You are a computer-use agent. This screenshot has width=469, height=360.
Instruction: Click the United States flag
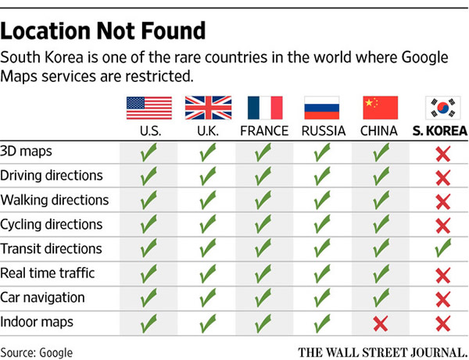pos(148,108)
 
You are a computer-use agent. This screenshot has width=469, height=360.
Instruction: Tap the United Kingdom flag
pos(207,108)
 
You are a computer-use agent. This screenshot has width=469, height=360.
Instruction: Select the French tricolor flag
pos(264,108)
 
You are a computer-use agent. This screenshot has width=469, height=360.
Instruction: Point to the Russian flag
pos(322,108)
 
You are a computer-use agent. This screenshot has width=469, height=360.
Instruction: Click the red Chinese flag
pos(381,108)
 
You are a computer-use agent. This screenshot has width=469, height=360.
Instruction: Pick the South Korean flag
pos(442,108)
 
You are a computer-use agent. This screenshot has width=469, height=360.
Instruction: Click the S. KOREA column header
pos(440,130)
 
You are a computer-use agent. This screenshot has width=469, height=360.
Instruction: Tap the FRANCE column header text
pos(264,130)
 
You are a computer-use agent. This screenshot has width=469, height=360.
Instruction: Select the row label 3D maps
pos(27,151)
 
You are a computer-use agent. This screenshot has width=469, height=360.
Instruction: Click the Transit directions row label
pos(52,249)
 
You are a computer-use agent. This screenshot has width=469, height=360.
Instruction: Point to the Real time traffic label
pos(48,273)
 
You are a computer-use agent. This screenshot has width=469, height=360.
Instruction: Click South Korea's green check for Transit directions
pos(443,249)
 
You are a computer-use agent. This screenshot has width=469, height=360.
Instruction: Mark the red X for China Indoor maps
pos(381,323)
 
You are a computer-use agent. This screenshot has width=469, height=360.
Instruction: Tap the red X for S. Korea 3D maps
pos(443,152)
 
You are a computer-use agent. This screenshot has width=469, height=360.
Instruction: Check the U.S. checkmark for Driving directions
pos(149,176)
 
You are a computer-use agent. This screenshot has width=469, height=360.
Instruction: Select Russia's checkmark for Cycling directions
pos(322,225)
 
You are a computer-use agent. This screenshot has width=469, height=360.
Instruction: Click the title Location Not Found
pos(103,32)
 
